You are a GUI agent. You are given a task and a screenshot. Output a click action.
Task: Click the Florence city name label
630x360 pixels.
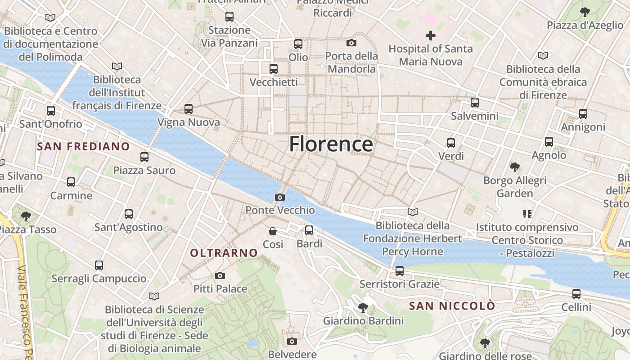(331, 144)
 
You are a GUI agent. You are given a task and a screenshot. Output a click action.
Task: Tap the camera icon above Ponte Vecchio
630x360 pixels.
(280, 197)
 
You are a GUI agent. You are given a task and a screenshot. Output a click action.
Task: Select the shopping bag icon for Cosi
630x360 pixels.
(273, 231)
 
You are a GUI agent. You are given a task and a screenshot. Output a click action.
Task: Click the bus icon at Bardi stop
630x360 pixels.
(309, 230)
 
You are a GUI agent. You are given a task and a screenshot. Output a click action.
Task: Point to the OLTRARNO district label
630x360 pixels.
(224, 253)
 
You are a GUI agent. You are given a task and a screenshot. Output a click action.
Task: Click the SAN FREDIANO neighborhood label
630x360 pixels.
(83, 146)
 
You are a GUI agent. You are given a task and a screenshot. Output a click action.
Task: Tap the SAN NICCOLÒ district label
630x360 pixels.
(452, 306)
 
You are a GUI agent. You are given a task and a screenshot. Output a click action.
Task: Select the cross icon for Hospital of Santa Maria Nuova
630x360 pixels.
(430, 36)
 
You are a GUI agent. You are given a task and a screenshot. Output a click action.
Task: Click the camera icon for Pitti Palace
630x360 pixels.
(220, 275)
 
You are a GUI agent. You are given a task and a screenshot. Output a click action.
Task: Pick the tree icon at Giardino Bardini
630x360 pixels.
(363, 308)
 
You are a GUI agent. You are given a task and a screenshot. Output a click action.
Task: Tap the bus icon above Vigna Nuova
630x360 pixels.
(189, 109)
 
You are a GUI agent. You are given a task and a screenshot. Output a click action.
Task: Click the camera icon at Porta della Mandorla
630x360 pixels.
(351, 43)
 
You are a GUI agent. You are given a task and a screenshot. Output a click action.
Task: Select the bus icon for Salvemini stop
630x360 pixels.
(475, 103)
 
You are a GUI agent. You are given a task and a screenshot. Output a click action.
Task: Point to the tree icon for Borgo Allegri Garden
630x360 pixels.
(515, 167)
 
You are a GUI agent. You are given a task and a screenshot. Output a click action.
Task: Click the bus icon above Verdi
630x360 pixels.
(451, 143)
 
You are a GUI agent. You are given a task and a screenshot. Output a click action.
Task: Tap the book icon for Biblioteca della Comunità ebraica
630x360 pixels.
(543, 56)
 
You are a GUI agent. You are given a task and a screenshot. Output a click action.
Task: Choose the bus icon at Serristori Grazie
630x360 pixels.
(400, 271)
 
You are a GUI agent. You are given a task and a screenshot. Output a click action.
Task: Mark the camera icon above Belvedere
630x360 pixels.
(292, 341)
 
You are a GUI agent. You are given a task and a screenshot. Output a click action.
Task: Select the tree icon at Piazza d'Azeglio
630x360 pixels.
(585, 12)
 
